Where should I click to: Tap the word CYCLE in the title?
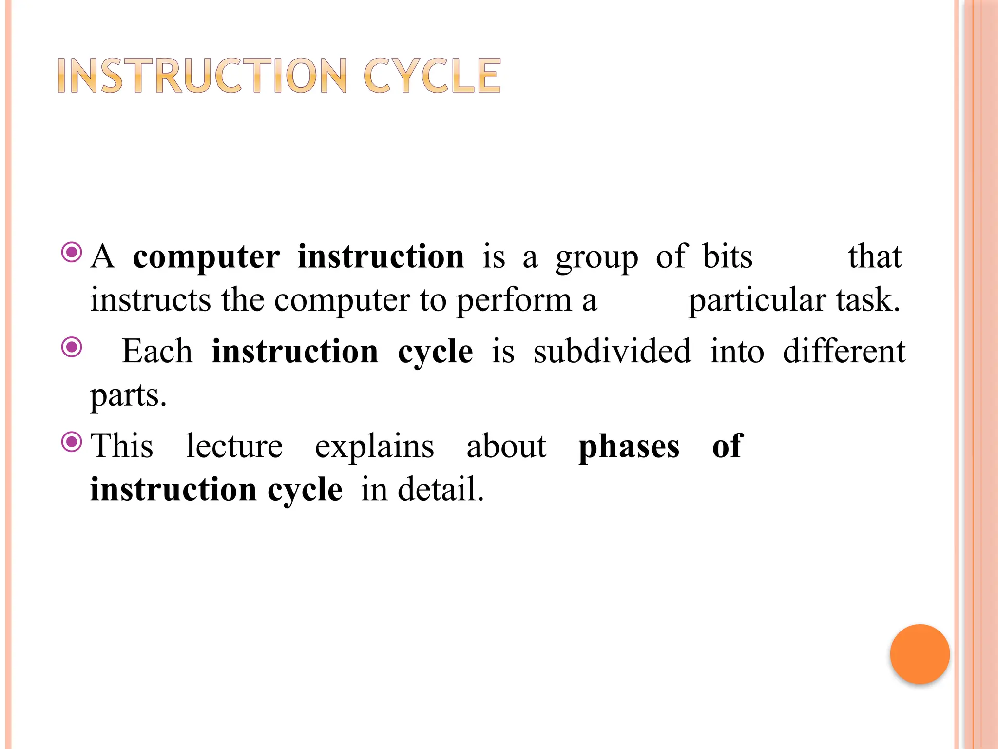tap(432, 76)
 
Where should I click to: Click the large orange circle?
tap(920, 653)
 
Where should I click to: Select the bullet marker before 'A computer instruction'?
tap(72, 253)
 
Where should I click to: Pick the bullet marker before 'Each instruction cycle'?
tap(72, 347)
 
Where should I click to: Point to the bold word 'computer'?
tap(206, 257)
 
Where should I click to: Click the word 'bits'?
tap(727, 256)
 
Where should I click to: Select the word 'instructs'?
tap(151, 300)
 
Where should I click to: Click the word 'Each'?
tap(157, 351)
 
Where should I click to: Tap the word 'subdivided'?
tap(612, 351)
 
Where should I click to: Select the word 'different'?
tap(844, 351)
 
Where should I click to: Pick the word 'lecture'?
tap(234, 446)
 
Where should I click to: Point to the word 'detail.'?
tap(441, 490)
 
